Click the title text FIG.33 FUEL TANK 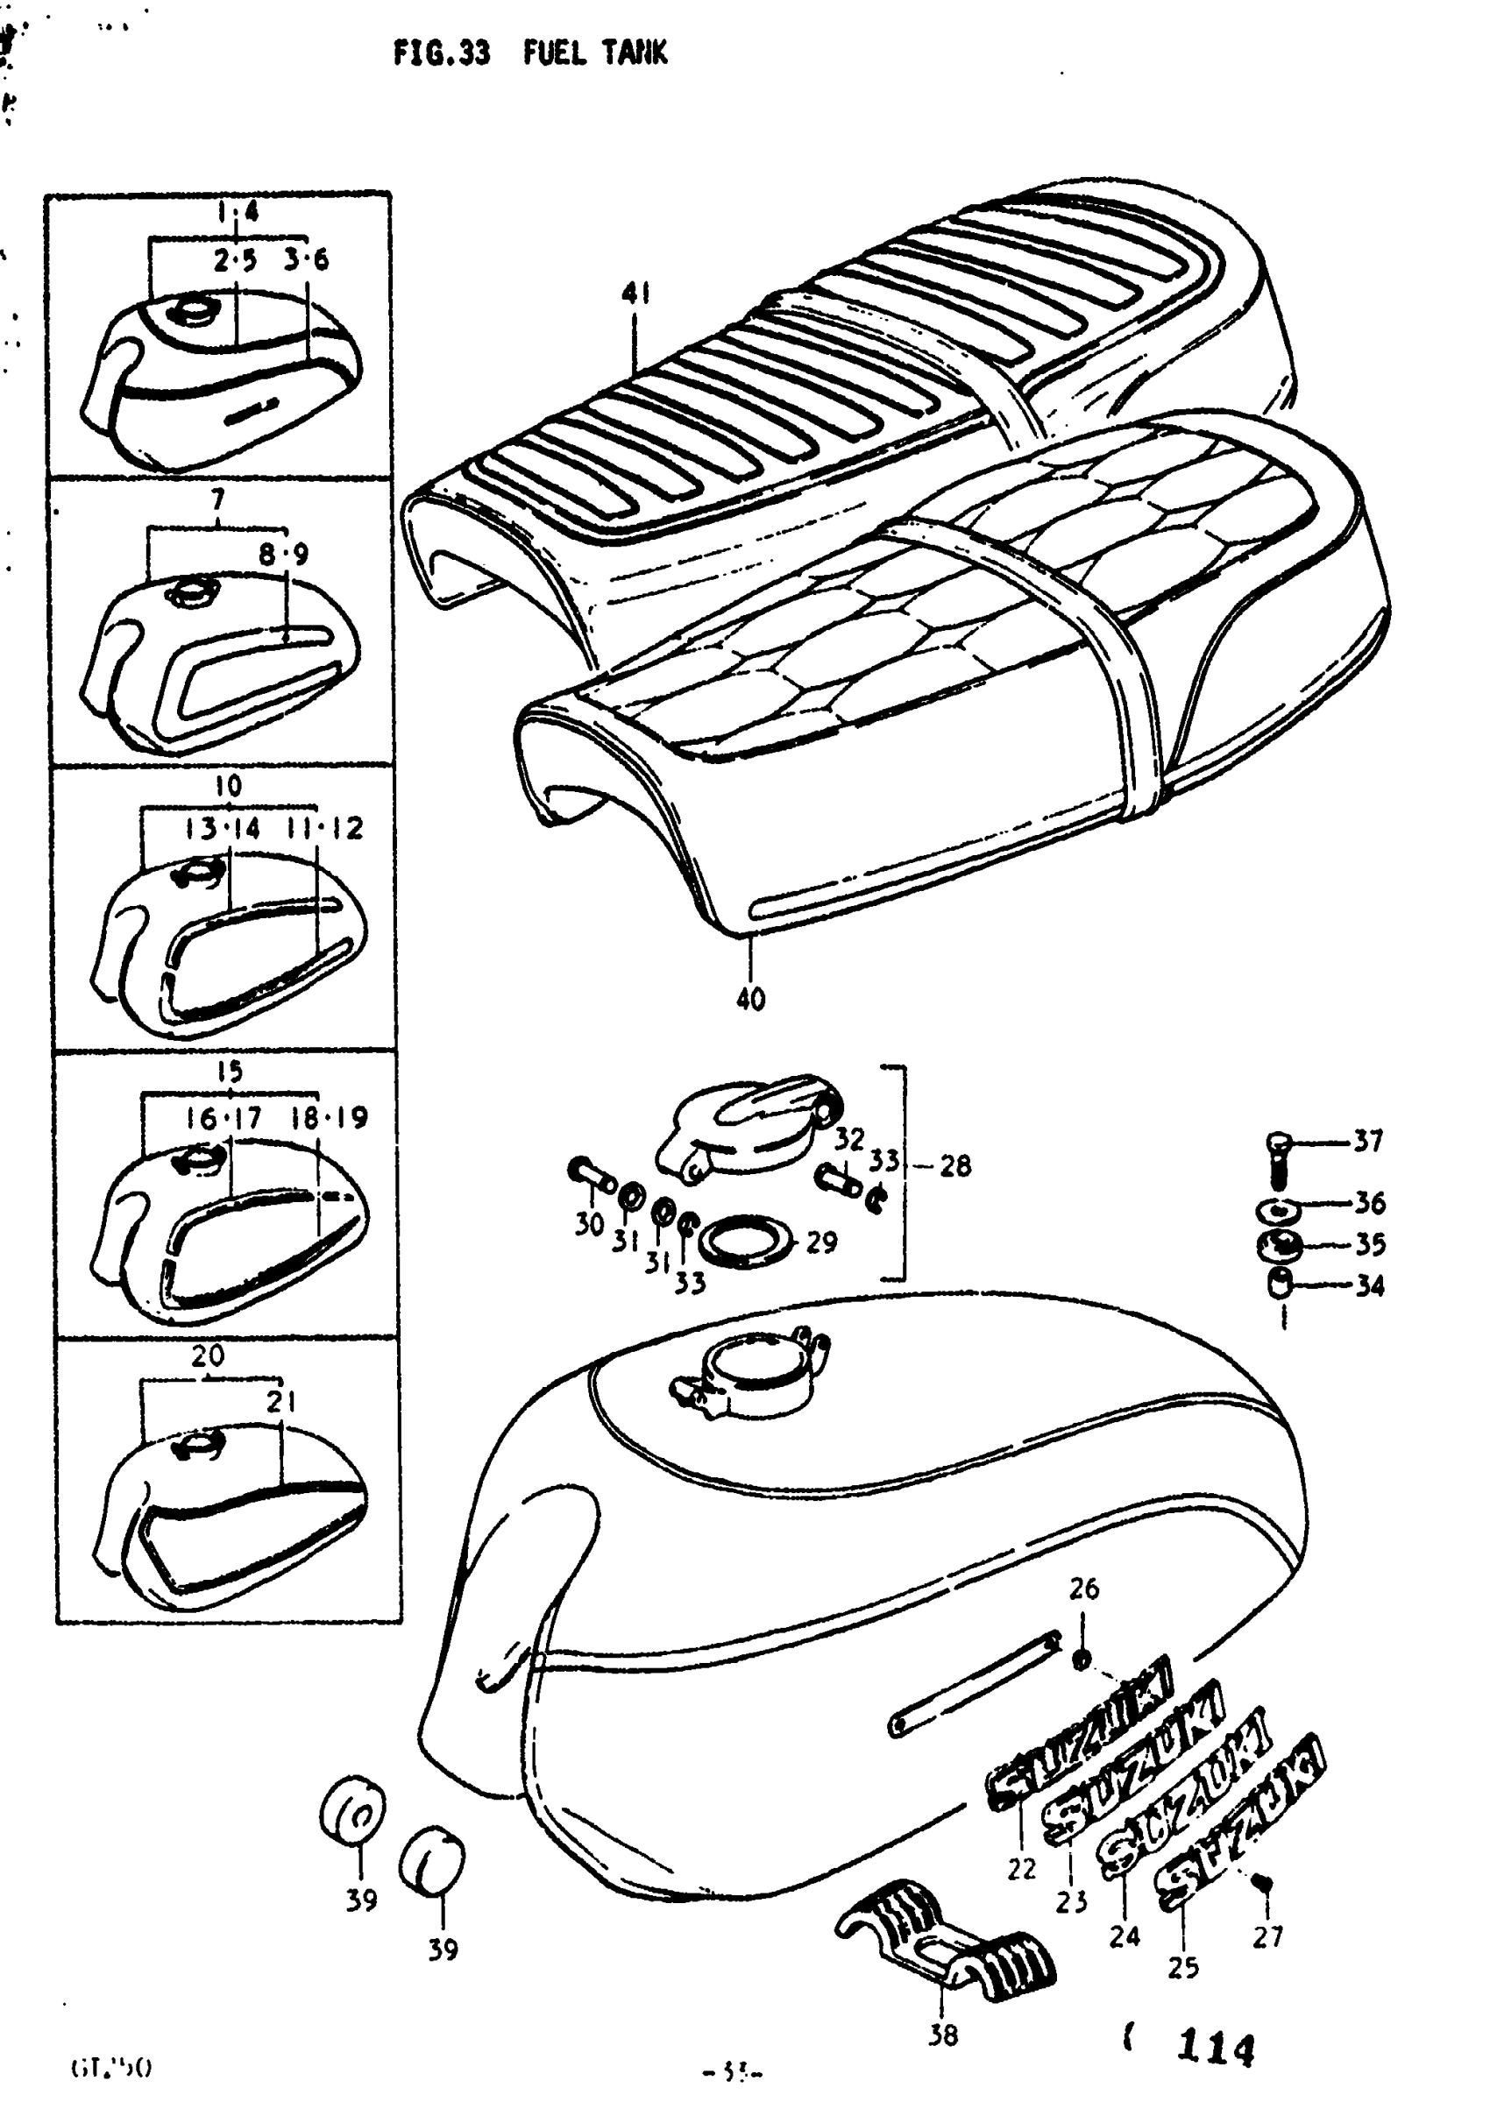click(x=530, y=53)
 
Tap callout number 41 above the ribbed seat click(x=635, y=293)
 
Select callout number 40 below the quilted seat click(x=750, y=998)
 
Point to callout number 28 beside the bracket click(x=955, y=1166)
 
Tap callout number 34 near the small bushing click(x=1369, y=1284)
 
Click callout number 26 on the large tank click(x=1083, y=1589)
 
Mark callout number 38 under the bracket click(x=942, y=2034)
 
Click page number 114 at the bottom click(x=1216, y=2048)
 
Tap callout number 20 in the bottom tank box click(x=208, y=1355)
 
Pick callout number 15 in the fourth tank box click(x=229, y=1071)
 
